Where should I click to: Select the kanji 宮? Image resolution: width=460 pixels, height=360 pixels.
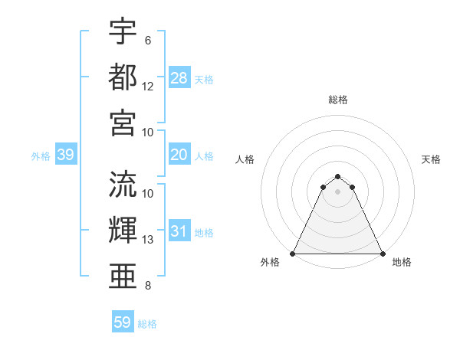[x=123, y=123]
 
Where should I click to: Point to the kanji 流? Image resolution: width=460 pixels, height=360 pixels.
[x=123, y=184]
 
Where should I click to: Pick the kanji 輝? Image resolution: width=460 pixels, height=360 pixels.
[x=123, y=229]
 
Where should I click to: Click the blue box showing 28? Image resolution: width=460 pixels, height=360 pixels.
[x=179, y=78]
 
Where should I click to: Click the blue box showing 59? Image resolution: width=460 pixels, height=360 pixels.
[x=123, y=322]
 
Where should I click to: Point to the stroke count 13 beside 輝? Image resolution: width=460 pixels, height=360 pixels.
[x=148, y=240]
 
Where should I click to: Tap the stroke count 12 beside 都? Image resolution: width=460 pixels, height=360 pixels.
[x=148, y=87]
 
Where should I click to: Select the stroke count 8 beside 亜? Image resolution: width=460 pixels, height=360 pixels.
[x=148, y=286]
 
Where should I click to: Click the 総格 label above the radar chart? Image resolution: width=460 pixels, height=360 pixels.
[x=338, y=100]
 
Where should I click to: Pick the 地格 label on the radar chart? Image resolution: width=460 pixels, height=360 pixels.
[x=402, y=262]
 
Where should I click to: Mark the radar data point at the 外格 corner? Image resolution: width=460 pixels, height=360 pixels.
[x=293, y=254]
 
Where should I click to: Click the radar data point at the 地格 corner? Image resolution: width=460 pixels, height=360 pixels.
[x=383, y=254]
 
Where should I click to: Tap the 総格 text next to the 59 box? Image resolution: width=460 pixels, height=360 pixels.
[x=148, y=324]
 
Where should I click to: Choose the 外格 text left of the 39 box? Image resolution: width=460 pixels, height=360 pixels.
[x=40, y=156]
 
